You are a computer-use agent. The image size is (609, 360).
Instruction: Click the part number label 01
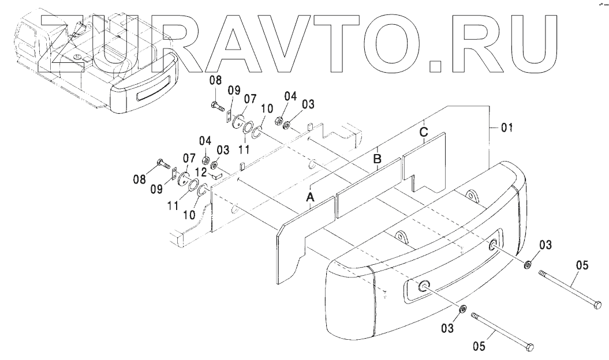click(x=506, y=127)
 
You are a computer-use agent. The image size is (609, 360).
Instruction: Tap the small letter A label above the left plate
click(x=310, y=198)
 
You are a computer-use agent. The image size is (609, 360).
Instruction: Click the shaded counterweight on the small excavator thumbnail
click(x=144, y=87)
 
